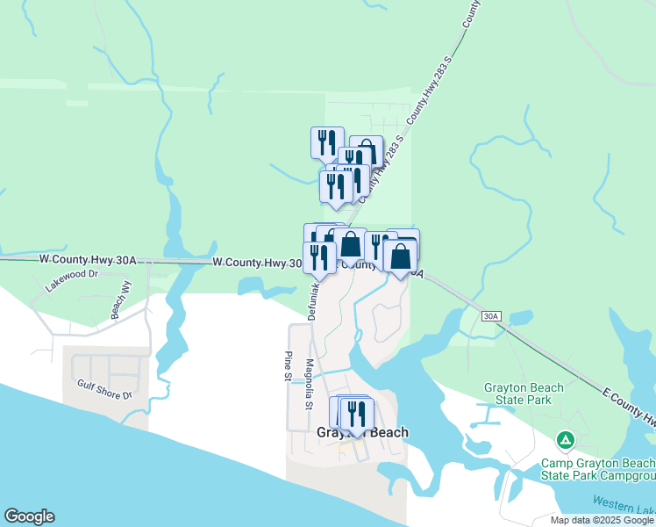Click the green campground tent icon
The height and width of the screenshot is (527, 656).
(567, 439)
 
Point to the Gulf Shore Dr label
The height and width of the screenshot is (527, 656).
(103, 389)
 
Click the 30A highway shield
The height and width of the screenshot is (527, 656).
(492, 315)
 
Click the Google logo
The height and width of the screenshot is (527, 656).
(29, 516)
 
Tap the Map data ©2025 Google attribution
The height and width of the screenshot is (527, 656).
(602, 520)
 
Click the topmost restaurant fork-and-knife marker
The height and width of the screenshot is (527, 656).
(327, 141)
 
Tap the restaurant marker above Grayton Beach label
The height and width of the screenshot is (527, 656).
(356, 413)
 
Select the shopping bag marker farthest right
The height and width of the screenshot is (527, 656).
(400, 256)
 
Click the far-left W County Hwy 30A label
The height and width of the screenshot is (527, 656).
(89, 260)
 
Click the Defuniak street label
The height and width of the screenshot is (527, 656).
(312, 299)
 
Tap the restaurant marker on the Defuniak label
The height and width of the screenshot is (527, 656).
(319, 256)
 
